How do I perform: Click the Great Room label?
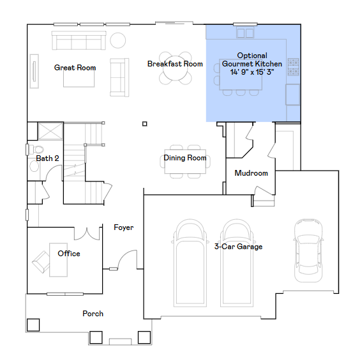(x=75, y=68)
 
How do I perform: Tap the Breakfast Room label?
(x=175, y=64)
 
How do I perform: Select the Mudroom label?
(x=251, y=173)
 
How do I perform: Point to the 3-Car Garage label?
(x=238, y=247)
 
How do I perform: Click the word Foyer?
(x=124, y=227)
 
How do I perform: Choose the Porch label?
(x=93, y=314)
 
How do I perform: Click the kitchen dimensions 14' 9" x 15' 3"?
(x=252, y=72)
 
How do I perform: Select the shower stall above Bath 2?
(x=50, y=131)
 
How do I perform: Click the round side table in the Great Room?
(x=118, y=40)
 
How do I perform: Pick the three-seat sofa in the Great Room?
(x=79, y=40)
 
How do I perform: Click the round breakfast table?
(x=175, y=68)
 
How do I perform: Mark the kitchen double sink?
(x=245, y=33)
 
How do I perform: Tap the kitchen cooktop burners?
(x=293, y=67)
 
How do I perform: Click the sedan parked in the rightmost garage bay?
(x=308, y=250)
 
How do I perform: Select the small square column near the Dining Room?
(x=145, y=124)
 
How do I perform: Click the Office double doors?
(x=87, y=234)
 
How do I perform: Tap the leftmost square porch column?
(x=33, y=325)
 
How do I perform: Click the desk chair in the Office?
(x=41, y=262)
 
